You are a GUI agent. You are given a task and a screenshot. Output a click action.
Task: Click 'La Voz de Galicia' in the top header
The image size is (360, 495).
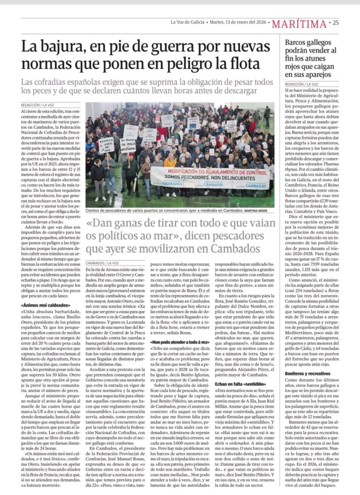187,22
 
